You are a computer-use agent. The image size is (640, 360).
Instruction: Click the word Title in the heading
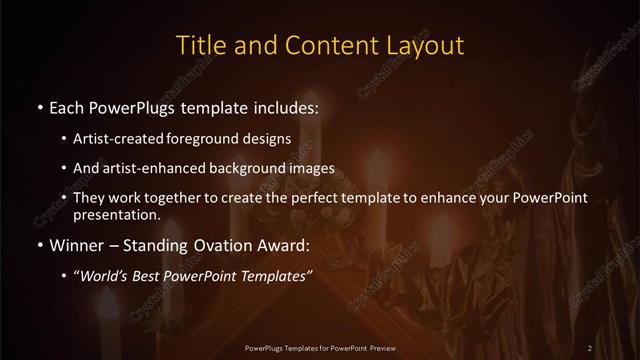point(200,46)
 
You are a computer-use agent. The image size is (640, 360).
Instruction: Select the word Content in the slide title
point(321,46)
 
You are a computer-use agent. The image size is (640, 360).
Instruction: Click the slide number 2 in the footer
point(590,347)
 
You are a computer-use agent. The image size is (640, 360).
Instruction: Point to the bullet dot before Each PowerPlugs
point(39,106)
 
